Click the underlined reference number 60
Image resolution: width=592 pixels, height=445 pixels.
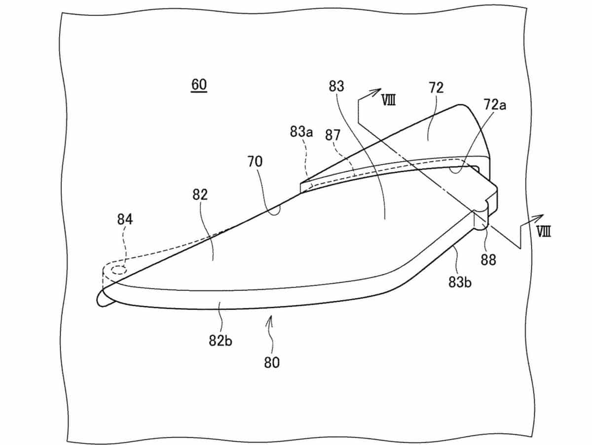pyautogui.click(x=199, y=85)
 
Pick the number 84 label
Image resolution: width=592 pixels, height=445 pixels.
pyautogui.click(x=125, y=219)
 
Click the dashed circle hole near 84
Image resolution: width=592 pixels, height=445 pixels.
pyautogui.click(x=118, y=270)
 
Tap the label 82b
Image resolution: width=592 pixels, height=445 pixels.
pyautogui.click(x=221, y=340)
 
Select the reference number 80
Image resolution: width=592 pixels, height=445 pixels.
pyautogui.click(x=271, y=363)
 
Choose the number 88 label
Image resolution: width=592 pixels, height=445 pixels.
pyautogui.click(x=488, y=260)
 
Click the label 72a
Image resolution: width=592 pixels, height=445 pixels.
pyautogui.click(x=495, y=105)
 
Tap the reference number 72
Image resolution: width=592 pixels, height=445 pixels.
pyautogui.click(x=436, y=88)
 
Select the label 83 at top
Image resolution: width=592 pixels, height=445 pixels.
pyautogui.click(x=337, y=86)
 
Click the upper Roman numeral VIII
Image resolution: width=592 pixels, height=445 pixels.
pyautogui.click(x=388, y=100)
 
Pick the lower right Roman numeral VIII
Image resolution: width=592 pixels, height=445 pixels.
pyautogui.click(x=543, y=232)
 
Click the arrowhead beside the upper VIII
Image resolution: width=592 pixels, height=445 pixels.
pyautogui.click(x=377, y=91)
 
